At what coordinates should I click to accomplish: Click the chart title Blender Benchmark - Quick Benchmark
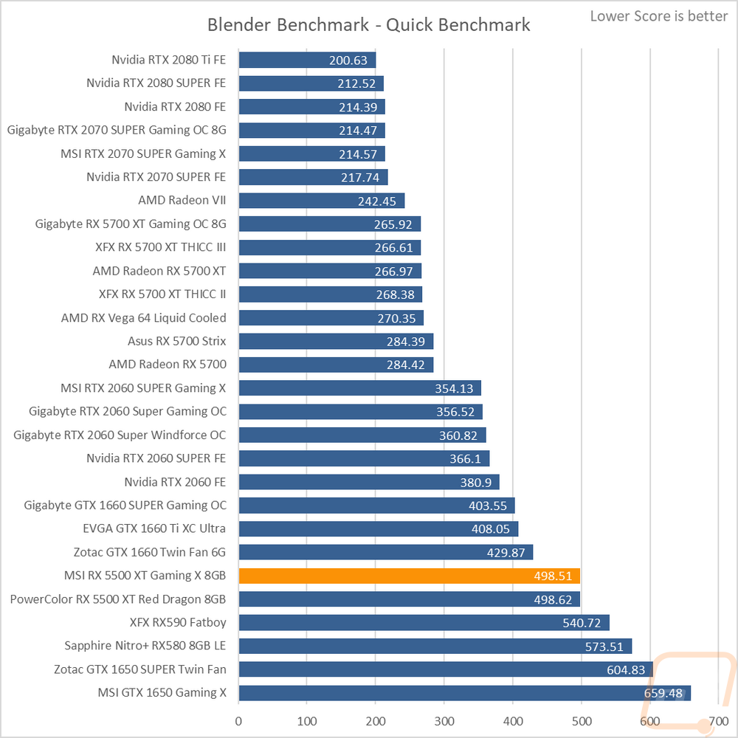[x=368, y=24]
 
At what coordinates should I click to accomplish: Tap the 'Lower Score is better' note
[x=659, y=15]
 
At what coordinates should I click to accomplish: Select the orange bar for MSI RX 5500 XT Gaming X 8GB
[x=410, y=576]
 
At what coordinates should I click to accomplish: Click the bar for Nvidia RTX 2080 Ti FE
[x=307, y=60]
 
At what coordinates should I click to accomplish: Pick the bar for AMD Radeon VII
[x=322, y=200]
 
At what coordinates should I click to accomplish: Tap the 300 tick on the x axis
[x=444, y=720]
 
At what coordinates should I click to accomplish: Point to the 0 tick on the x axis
[x=238, y=720]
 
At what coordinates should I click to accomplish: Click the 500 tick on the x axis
[x=582, y=720]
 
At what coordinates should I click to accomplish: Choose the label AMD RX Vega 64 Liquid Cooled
[x=144, y=318]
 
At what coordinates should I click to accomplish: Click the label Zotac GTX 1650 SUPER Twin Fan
[x=140, y=669]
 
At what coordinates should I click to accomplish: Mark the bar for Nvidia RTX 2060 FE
[x=369, y=482]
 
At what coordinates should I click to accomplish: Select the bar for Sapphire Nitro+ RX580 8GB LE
[x=435, y=646]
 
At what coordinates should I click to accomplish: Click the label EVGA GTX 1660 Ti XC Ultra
[x=155, y=528]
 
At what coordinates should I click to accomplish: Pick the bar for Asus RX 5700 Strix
[x=336, y=342]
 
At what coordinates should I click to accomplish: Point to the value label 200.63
[x=351, y=61]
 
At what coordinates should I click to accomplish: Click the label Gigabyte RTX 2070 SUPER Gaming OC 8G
[x=117, y=130]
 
